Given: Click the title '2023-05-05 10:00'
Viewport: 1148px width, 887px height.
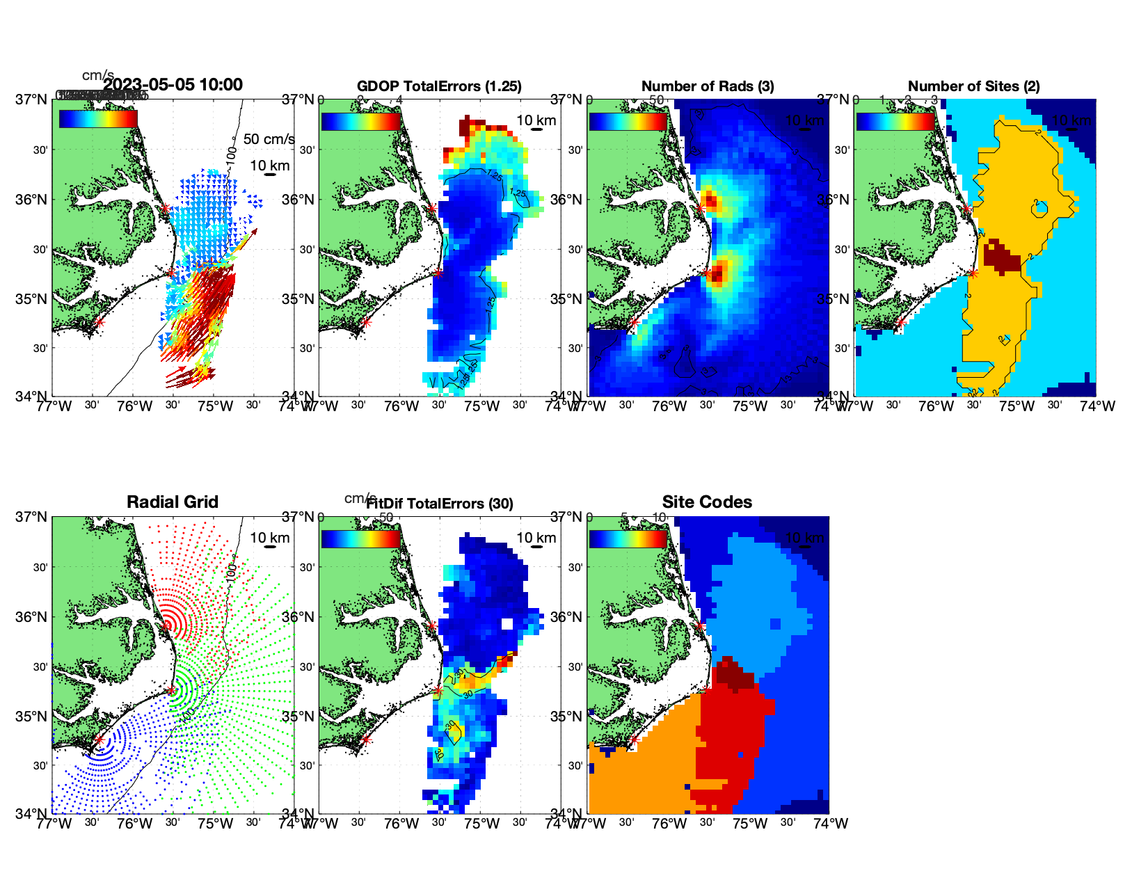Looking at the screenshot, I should click(x=173, y=85).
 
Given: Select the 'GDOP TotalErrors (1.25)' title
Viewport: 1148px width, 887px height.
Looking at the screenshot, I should click(x=439, y=86).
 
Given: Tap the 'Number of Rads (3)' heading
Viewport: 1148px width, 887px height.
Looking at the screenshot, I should click(x=708, y=86).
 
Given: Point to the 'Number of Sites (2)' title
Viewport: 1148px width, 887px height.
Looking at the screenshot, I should click(x=973, y=86).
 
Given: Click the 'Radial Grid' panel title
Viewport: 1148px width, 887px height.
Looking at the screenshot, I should click(x=173, y=502).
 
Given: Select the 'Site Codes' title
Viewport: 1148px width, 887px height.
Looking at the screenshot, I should click(x=707, y=502).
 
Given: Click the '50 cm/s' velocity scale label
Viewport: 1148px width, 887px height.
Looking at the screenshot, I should click(x=269, y=139).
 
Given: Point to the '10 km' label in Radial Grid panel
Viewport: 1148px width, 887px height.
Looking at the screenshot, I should click(x=270, y=538).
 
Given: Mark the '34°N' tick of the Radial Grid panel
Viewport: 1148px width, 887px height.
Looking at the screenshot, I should click(x=32, y=813).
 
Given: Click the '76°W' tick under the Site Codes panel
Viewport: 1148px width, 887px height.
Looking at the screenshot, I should click(x=669, y=824).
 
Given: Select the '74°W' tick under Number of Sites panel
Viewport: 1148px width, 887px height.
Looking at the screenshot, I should click(x=1097, y=406).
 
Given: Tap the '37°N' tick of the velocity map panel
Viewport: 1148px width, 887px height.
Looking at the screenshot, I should click(x=32, y=99).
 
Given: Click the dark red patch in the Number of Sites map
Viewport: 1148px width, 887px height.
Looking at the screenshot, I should click(x=1002, y=255).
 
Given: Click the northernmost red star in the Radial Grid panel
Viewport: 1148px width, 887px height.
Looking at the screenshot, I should click(x=166, y=626).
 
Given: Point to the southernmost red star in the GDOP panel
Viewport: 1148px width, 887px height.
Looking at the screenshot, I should click(x=366, y=322).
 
